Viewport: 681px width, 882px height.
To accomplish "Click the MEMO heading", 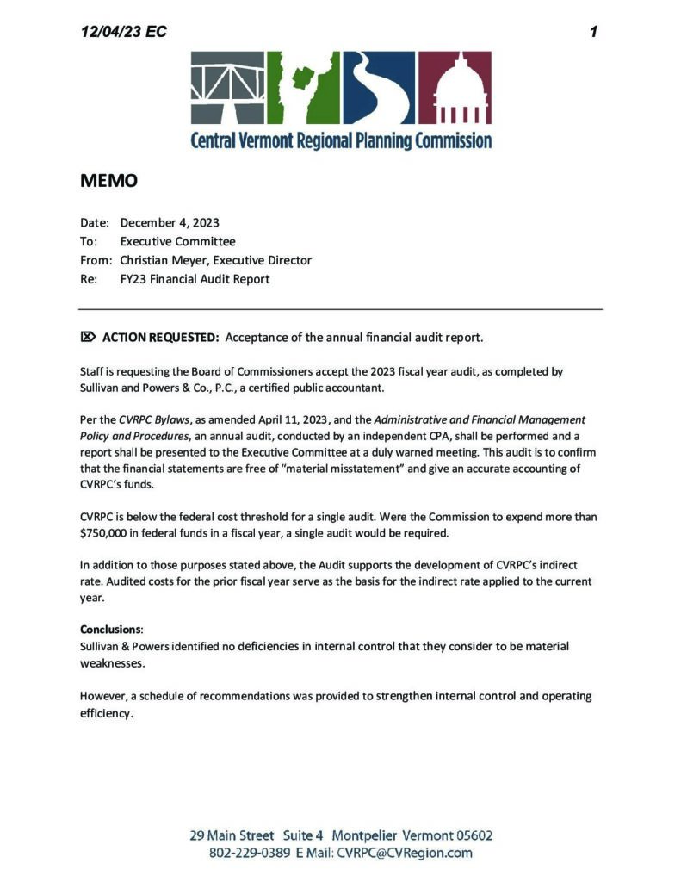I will coord(108,181).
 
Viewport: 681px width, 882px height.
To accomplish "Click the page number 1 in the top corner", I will coord(593,32).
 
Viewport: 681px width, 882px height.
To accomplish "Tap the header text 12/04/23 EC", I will coord(123,32).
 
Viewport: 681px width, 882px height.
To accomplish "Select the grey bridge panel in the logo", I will coord(227,88).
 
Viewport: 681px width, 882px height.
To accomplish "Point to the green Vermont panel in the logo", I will coord(303,88).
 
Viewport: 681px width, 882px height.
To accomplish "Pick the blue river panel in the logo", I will coord(379,88).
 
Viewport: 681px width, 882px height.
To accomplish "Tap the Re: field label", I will coord(89,279).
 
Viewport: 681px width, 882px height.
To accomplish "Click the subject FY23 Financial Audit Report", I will coord(195,279).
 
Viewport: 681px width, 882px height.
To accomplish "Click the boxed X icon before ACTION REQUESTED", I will coord(88,336).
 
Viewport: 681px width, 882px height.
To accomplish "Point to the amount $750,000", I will coord(111,534).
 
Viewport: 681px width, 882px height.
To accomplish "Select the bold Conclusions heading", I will coord(111,629).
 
